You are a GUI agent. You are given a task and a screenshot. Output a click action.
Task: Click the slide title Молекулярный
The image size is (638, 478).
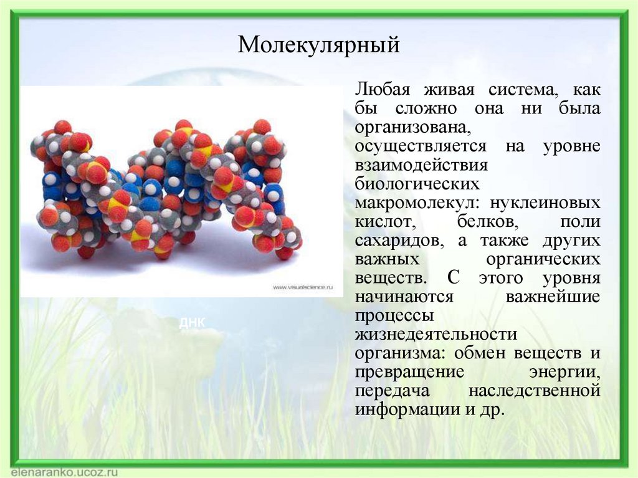(318, 45)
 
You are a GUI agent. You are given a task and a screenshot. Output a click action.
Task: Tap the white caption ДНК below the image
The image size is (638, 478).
(191, 322)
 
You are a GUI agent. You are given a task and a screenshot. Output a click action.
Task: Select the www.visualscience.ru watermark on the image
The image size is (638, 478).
(303, 287)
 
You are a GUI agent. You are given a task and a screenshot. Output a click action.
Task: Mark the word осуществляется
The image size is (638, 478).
(421, 146)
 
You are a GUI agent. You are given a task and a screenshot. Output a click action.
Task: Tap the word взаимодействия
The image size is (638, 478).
(421, 166)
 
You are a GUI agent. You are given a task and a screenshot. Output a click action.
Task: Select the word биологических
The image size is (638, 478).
(417, 184)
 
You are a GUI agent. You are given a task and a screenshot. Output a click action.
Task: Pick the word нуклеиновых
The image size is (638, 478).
(546, 204)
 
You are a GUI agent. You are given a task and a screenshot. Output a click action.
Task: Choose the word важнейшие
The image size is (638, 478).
(553, 297)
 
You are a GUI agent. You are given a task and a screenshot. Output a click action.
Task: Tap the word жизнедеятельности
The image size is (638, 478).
(436, 335)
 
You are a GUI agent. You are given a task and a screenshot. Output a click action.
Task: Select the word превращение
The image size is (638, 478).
(410, 372)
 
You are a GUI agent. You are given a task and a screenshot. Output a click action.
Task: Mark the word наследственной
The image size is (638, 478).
(534, 391)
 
